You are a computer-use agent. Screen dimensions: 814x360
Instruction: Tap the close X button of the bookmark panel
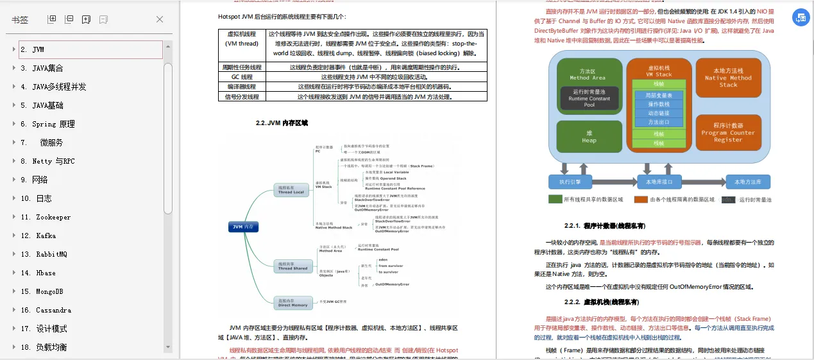tap(160, 19)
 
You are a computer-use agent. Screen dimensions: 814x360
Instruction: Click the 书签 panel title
tap(20, 20)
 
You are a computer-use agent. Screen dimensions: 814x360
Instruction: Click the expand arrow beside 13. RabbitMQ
tap(13, 254)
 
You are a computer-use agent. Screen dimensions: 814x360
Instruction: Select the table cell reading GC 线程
tap(242, 76)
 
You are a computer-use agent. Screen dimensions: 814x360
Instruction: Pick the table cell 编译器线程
tap(242, 87)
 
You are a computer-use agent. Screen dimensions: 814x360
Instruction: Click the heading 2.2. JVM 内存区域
tap(282, 123)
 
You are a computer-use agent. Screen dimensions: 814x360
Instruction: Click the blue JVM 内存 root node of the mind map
tap(244, 227)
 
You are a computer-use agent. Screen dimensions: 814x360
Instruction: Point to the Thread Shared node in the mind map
tap(293, 266)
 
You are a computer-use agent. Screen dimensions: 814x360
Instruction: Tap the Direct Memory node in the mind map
tap(293, 302)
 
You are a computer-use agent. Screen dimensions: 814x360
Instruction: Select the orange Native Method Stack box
tap(728, 77)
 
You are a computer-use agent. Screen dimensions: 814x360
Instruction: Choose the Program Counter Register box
tap(728, 133)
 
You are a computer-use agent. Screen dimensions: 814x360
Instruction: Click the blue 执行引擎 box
tap(575, 182)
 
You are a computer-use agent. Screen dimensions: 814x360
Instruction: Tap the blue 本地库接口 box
tap(658, 182)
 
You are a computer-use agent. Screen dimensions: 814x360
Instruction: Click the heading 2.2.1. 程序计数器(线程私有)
tap(605, 226)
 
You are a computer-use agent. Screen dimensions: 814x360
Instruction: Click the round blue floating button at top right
tap(801, 19)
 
